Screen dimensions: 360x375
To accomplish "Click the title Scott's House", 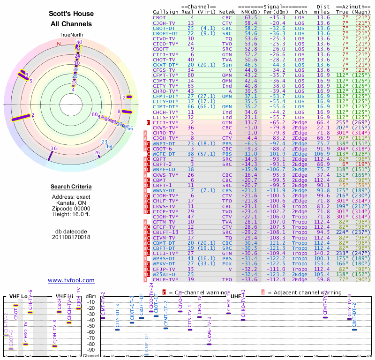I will coord(71,14).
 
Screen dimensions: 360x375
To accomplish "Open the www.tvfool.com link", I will coord(71,280).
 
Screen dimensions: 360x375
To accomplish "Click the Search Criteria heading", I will coord(71,187).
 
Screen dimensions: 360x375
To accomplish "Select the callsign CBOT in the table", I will coord(159,17).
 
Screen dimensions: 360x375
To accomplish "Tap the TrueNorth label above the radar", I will coord(71,35).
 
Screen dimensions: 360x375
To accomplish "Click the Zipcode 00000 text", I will coord(71,209).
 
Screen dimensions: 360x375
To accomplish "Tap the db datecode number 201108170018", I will coord(71,237).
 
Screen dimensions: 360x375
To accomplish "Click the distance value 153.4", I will coord(322,263).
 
